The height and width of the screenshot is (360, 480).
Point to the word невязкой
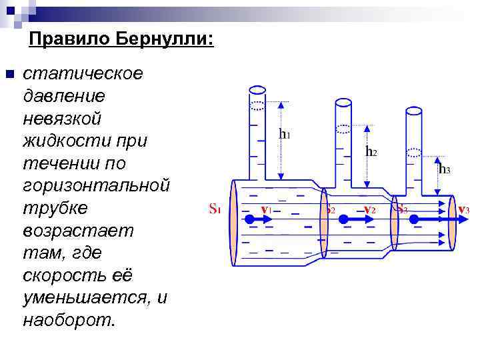(x=62, y=118)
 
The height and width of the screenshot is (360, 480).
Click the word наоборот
(x=69, y=320)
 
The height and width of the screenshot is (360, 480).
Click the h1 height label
(x=284, y=134)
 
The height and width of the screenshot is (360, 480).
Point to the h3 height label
(x=444, y=169)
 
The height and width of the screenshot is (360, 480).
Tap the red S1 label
(x=215, y=209)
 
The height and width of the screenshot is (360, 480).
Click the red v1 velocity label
(x=265, y=209)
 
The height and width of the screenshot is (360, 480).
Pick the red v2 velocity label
(x=369, y=210)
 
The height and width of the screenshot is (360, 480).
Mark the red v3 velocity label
(x=463, y=210)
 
